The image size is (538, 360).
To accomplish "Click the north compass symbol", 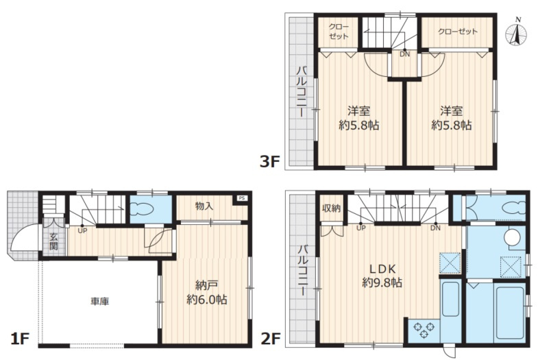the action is pos(516,34).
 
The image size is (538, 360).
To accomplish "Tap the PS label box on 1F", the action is pos(242,198).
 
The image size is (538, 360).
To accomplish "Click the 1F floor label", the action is pos(20,339).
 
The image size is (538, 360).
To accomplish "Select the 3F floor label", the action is pos(270,161).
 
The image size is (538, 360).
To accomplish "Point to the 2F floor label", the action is pos(271,339).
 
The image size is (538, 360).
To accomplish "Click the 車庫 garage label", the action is pos(100,302).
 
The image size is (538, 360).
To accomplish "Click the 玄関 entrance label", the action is pos(53,241).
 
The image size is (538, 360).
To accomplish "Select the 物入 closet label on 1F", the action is pos(204,206).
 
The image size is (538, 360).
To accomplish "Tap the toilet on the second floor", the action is pos(513,208).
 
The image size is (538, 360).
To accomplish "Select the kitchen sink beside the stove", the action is pos(450,299).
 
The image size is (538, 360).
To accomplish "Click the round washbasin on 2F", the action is pos(512,237).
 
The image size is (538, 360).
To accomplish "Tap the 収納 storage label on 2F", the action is pos(331,208).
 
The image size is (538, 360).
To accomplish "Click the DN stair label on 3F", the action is pos(405,54).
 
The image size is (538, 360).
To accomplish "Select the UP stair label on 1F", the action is pos(82,231).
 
